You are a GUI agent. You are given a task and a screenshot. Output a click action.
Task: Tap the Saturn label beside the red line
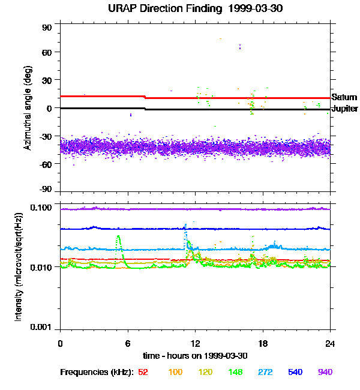pyautogui.click(x=344, y=97)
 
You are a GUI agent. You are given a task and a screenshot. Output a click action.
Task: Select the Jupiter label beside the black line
pyautogui.click(x=344, y=109)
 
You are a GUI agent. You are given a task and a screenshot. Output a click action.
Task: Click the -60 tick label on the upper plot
pyautogui.click(x=46, y=164)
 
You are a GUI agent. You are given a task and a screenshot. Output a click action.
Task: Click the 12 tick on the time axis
pyautogui.click(x=195, y=343)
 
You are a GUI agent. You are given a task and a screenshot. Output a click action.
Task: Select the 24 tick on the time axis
pyautogui.click(x=330, y=343)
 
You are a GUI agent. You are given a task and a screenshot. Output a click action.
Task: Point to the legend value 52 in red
pyautogui.click(x=143, y=373)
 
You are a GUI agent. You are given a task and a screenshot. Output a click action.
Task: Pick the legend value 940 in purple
pyautogui.click(x=325, y=373)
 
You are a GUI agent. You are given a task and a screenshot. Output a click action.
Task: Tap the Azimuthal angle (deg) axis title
pyautogui.click(x=28, y=108)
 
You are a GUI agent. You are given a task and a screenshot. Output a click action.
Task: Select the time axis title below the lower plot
pyautogui.click(x=195, y=356)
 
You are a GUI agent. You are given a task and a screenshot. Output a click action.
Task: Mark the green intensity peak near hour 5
pyautogui.click(x=118, y=237)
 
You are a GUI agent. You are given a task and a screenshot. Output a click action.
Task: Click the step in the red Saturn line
pyautogui.click(x=145, y=97)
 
